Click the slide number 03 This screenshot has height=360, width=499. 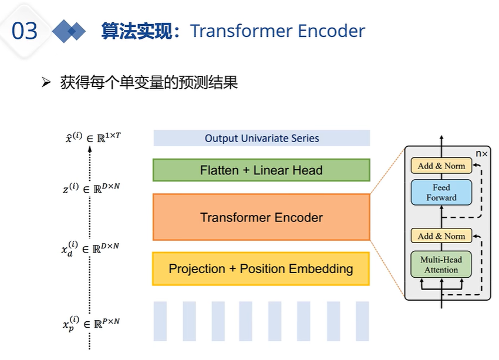[x=25, y=31]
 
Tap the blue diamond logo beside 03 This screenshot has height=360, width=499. [x=69, y=31]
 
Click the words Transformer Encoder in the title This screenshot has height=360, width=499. [x=278, y=31]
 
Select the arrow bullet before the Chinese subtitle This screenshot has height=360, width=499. [x=47, y=83]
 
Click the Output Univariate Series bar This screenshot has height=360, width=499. [x=261, y=138]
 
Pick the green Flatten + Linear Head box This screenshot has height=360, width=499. [x=261, y=170]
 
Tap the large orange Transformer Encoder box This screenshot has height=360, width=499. [x=261, y=217]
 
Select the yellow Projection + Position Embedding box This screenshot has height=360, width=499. [x=261, y=269]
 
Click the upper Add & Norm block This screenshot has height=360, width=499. [x=441, y=166]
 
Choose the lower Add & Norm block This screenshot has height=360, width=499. [x=441, y=236]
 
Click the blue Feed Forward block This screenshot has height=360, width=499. [x=441, y=193]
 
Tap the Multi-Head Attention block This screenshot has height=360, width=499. [x=441, y=264]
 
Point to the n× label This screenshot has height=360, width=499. [x=481, y=153]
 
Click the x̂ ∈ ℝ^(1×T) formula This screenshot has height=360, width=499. [x=95, y=139]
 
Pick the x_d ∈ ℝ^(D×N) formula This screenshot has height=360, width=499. [x=91, y=247]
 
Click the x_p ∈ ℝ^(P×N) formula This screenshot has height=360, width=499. [x=91, y=323]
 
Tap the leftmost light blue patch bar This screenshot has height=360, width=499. [x=160, y=321]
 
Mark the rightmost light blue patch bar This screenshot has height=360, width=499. [x=362, y=321]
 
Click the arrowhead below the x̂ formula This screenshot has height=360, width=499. [x=89, y=150]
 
